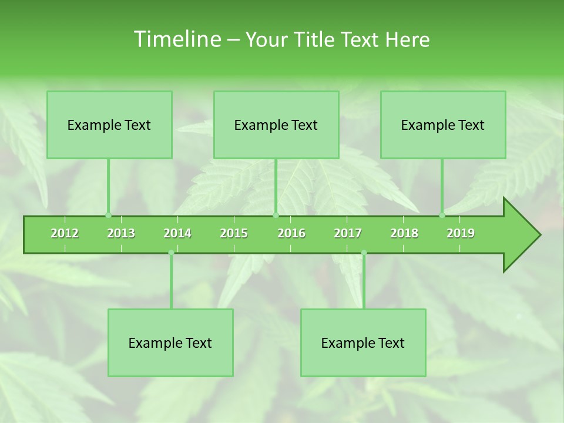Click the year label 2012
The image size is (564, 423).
[x=65, y=234]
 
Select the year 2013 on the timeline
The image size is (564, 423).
[x=121, y=234]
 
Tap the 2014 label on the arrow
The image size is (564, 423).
[x=177, y=234]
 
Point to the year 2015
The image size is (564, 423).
[x=234, y=234]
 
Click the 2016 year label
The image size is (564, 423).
[x=291, y=234]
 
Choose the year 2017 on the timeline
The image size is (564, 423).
[x=348, y=234]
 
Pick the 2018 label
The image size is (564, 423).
[x=404, y=234]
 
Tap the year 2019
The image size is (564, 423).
[x=461, y=234]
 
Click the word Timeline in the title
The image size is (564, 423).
[x=177, y=39]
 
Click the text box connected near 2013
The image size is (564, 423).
[x=109, y=125]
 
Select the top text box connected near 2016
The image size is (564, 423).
[x=276, y=125]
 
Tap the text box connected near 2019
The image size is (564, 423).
[x=443, y=125]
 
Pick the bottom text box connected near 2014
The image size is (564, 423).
[x=170, y=343]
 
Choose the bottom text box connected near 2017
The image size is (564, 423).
[x=363, y=343]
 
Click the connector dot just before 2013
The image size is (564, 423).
[x=108, y=215]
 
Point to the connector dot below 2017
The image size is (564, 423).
[x=364, y=253]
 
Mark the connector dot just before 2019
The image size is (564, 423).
[x=442, y=215]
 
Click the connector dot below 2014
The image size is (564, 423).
[x=171, y=253]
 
